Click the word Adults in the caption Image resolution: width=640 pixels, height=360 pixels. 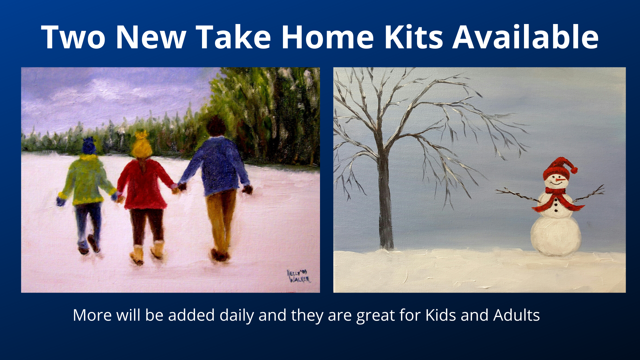click(x=517, y=315)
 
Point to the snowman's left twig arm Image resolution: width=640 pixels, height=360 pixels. click(x=517, y=195)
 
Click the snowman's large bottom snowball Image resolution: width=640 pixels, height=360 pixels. click(x=556, y=236)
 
